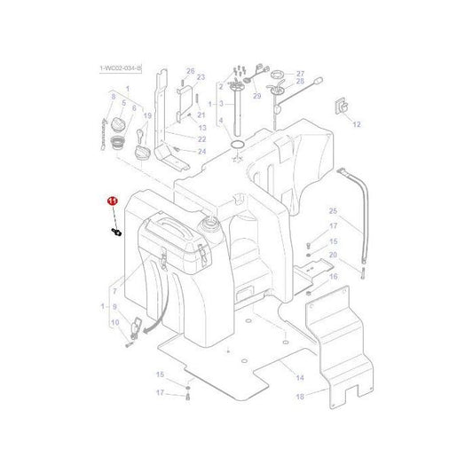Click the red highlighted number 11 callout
pyautogui.click(x=113, y=201)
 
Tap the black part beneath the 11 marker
pyautogui.click(x=116, y=232)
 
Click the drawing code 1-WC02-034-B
pyautogui.click(x=119, y=67)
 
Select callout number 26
pyautogui.click(x=190, y=71)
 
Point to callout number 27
pyautogui.click(x=300, y=74)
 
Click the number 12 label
pyautogui.click(x=357, y=125)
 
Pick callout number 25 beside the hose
pyautogui.click(x=333, y=211)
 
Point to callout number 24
pyautogui.click(x=201, y=152)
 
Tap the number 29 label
pyautogui.click(x=256, y=95)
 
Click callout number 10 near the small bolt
pyautogui.click(x=114, y=322)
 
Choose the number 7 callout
pyautogui.click(x=114, y=289)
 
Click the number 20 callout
pyautogui.click(x=333, y=256)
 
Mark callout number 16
pyautogui.click(x=333, y=277)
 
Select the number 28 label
pyautogui.click(x=300, y=88)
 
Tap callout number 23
pyautogui.click(x=201, y=78)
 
